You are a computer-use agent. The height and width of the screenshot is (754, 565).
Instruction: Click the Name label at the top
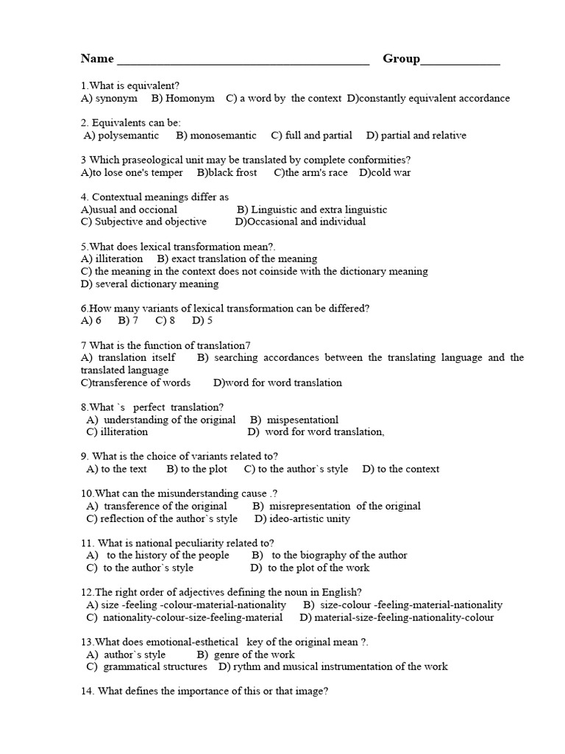(x=97, y=59)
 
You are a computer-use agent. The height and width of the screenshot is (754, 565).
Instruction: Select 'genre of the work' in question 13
(x=254, y=654)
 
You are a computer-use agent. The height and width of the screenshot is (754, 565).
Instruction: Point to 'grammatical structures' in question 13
(x=155, y=666)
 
